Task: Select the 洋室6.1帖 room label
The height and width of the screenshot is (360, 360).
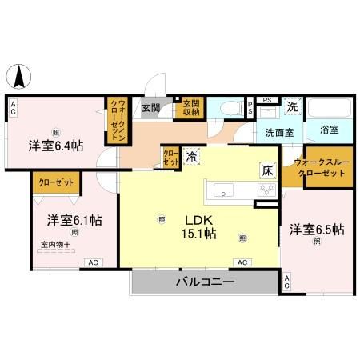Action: [x=67, y=219]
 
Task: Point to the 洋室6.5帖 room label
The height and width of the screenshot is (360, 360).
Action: [x=317, y=230]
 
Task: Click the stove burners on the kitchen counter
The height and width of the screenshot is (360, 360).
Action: [x=265, y=190]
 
